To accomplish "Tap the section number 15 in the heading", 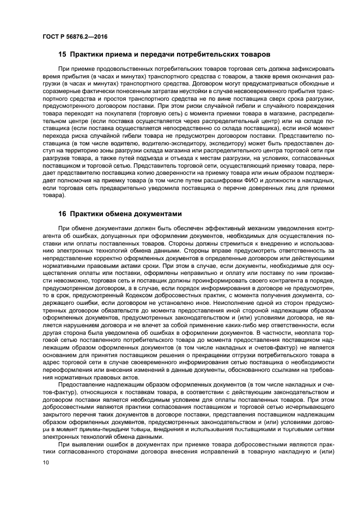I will (x=63, y=54).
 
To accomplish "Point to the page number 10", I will (x=45, y=463).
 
